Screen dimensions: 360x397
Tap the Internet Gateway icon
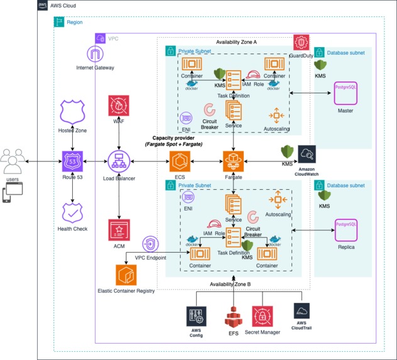(x=97, y=53)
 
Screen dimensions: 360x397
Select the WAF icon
(x=119, y=107)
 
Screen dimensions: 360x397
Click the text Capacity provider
(x=178, y=137)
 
